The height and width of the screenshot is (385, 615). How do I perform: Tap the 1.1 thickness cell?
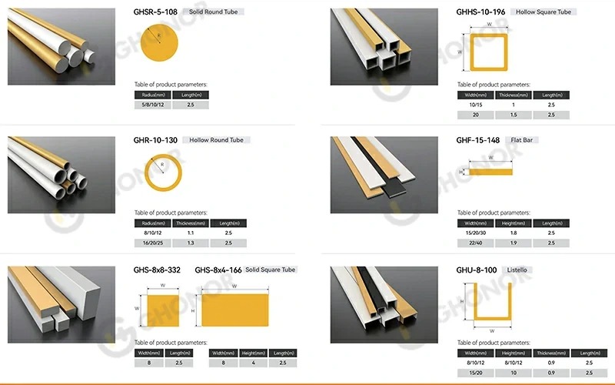coord(191,232)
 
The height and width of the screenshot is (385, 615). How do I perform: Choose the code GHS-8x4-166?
coord(218,269)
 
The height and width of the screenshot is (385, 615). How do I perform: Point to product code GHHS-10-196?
coord(481,12)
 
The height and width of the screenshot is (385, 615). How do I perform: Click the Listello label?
coord(525,270)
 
